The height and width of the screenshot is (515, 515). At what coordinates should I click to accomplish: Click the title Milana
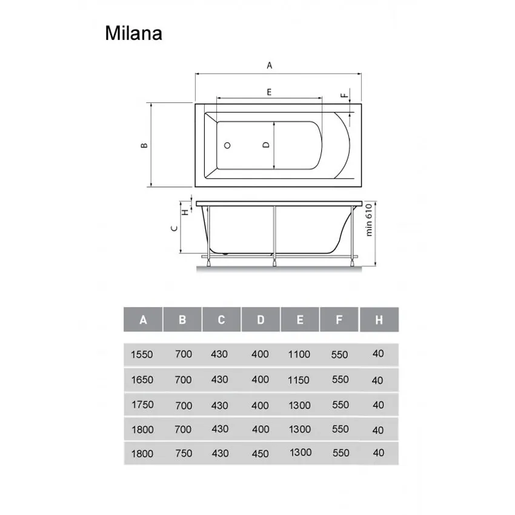133,33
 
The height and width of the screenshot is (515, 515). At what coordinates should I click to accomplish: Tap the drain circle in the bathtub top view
228,146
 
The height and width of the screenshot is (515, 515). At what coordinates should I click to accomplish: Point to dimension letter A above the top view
270,65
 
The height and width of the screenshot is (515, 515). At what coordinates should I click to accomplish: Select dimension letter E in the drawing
268,91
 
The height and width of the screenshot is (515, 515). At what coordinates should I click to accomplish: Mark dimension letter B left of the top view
144,146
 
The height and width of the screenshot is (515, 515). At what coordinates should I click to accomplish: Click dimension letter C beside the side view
174,228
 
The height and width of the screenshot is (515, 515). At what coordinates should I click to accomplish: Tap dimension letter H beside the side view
185,211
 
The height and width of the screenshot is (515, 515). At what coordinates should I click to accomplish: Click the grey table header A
143,320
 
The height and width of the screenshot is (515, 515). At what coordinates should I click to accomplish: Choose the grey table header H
379,320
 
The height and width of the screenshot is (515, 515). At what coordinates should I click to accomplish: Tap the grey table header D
261,320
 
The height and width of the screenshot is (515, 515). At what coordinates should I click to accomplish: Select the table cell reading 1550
142,354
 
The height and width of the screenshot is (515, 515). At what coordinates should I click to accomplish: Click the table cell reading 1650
142,380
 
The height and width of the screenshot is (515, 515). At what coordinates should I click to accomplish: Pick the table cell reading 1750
142,405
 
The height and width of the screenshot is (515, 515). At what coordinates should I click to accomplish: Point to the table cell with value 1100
299,354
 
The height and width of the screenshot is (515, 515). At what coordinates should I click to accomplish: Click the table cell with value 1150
299,380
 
